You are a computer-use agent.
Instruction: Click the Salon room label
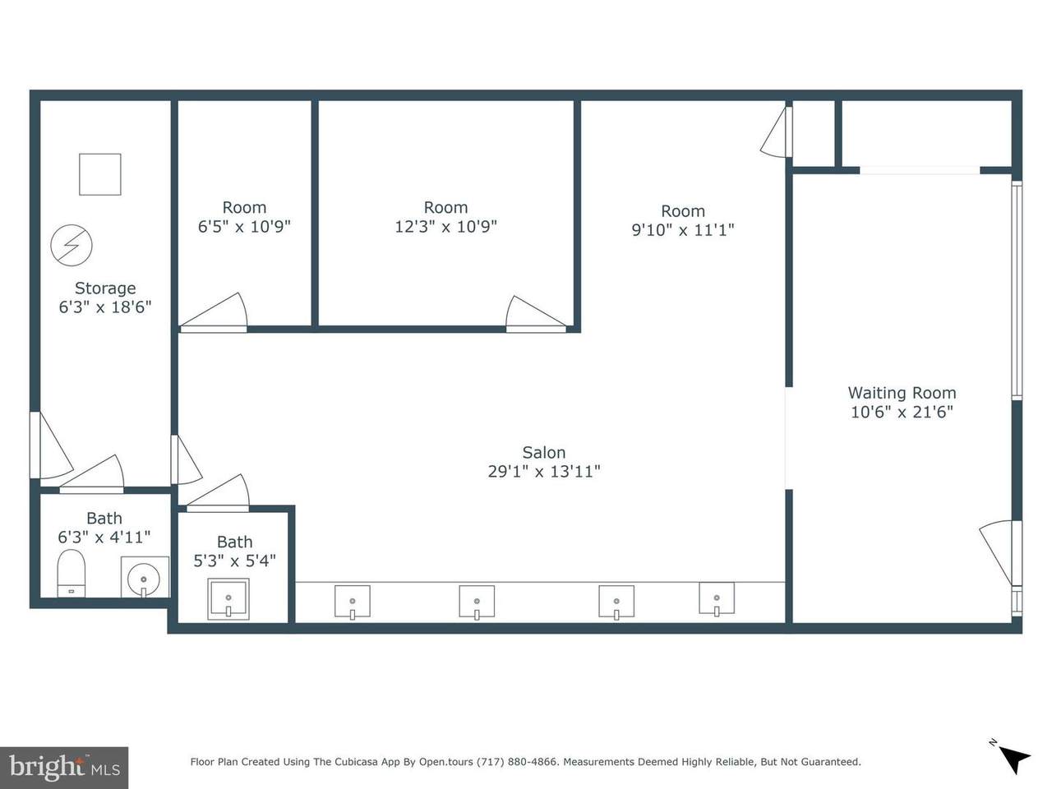543,452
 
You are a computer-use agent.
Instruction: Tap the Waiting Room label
902,393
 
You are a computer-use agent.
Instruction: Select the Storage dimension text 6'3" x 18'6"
105,307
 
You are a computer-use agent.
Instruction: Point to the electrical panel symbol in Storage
72,245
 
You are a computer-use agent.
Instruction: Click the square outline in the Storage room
99,174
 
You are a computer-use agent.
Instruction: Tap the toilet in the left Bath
71,574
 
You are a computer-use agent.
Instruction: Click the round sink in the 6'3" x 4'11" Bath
144,579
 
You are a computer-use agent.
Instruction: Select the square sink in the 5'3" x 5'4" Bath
228,599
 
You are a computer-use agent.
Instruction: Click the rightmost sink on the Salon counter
717,598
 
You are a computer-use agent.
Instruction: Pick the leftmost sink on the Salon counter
353,602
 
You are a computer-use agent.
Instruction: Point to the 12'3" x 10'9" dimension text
445,226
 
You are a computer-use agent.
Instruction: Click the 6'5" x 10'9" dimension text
244,226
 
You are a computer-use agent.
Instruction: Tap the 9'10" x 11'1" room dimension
682,230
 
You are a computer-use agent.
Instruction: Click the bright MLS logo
64,768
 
